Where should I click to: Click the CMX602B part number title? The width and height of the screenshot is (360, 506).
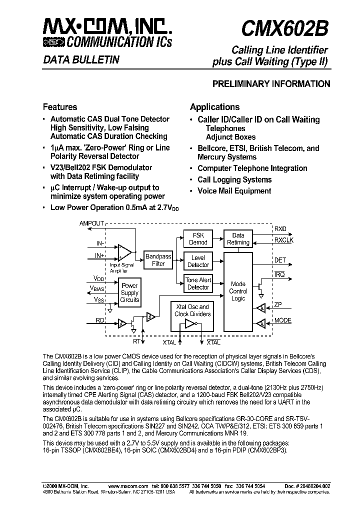pos(284,29)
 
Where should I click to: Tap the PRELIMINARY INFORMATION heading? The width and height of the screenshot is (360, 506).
pos(271,84)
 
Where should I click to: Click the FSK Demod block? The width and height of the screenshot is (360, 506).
pos(198,238)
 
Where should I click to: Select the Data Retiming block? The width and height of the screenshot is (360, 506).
pos(238,238)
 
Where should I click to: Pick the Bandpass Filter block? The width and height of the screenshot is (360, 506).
pos(158,260)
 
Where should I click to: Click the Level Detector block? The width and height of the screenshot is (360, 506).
pos(198,261)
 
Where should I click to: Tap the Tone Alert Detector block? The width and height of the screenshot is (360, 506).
pos(198,283)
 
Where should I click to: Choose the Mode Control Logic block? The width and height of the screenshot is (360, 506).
pos(238,291)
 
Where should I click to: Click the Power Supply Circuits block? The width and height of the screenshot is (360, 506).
pos(129,292)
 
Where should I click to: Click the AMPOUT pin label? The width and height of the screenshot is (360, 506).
pos(91,223)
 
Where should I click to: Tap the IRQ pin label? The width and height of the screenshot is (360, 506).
pos(278,274)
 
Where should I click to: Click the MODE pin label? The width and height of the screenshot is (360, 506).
pos(282,320)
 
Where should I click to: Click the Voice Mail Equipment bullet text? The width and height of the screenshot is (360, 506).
pos(234,191)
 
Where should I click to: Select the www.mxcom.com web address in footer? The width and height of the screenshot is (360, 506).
pos(127,485)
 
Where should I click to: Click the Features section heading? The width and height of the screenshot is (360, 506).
pos(60,106)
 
